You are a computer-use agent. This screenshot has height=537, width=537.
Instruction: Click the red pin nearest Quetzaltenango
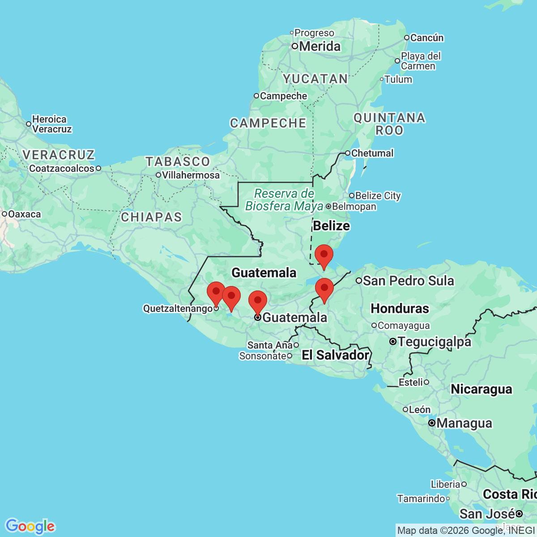pos(216,293)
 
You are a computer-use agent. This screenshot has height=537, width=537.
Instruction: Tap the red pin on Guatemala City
pos(258,302)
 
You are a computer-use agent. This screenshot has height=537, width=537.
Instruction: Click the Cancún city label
pos(426,38)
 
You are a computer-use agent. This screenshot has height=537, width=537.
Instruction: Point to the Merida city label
pos(320,47)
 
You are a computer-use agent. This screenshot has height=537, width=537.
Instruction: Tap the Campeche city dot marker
pos(256,96)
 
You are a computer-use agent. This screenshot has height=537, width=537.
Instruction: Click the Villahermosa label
pos(191,175)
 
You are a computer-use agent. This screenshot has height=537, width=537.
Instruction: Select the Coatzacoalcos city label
pos(62,169)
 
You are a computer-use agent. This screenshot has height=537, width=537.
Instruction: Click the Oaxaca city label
pos(24,214)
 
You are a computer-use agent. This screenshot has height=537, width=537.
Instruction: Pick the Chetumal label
pos(372,153)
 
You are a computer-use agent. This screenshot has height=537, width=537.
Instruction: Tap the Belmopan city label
pos(354,207)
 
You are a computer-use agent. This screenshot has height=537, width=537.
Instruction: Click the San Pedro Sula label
pos(409,281)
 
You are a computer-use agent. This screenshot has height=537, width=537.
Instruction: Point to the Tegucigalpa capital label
pos(434,342)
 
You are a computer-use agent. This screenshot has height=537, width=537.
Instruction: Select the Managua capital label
pos(464,423)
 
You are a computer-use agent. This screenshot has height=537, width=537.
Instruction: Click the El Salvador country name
pos(335,355)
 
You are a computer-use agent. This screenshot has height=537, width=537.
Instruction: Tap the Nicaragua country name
pos(481,389)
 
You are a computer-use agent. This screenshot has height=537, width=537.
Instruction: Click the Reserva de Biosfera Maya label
pos(284,200)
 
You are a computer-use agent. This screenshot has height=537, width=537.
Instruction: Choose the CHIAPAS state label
pos(151,217)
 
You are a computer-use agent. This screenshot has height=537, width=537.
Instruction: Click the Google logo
pos(30,526)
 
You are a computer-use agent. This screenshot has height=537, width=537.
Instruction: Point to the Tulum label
pos(398,80)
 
